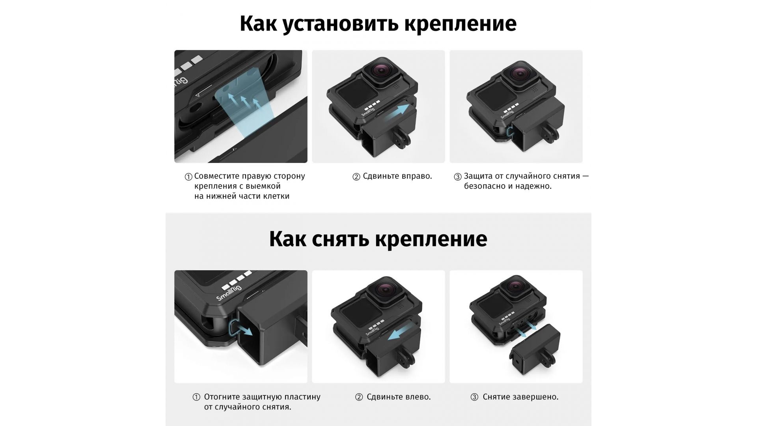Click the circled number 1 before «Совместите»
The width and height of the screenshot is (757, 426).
pyautogui.click(x=188, y=177)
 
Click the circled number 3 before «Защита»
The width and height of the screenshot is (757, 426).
pyautogui.click(x=458, y=177)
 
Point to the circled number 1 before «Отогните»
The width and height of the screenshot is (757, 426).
pyautogui.click(x=196, y=397)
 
